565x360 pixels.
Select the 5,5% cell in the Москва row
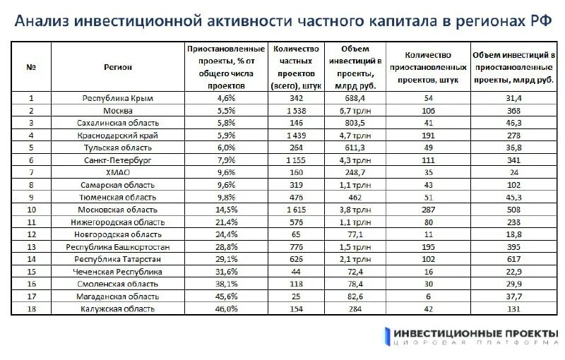[225, 111]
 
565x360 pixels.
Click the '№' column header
[31, 67]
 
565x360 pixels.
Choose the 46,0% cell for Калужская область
[225, 308]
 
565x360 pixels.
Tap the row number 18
[31, 308]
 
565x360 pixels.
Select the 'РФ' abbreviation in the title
[540, 20]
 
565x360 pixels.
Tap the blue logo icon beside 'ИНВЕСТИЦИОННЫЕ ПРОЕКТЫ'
[387, 336]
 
